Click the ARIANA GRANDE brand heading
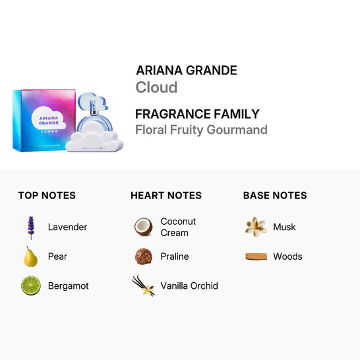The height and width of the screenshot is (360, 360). point(186,71)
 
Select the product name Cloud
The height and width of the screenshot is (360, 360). point(156,88)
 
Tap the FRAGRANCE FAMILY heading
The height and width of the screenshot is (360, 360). point(197,113)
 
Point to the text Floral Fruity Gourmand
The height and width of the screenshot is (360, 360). point(201,129)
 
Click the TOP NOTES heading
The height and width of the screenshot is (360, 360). point(47,195)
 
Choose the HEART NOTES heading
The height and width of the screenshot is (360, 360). point(166,195)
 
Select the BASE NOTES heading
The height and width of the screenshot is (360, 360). point(275,195)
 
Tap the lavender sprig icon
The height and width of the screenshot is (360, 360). point(30,227)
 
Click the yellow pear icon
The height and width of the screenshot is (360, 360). point(30,256)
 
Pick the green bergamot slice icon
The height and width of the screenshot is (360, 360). point(30,285)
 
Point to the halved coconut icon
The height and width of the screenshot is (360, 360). point(144,227)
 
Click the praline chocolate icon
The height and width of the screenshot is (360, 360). point(144,256)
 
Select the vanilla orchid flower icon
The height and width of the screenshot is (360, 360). point(144,285)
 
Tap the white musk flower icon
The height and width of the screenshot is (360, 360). point(256,227)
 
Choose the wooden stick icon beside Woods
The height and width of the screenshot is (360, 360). point(256,256)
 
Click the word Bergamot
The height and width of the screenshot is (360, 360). point(68,286)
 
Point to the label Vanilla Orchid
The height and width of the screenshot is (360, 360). point(189,285)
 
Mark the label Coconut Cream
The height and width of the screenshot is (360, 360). point(178,227)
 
